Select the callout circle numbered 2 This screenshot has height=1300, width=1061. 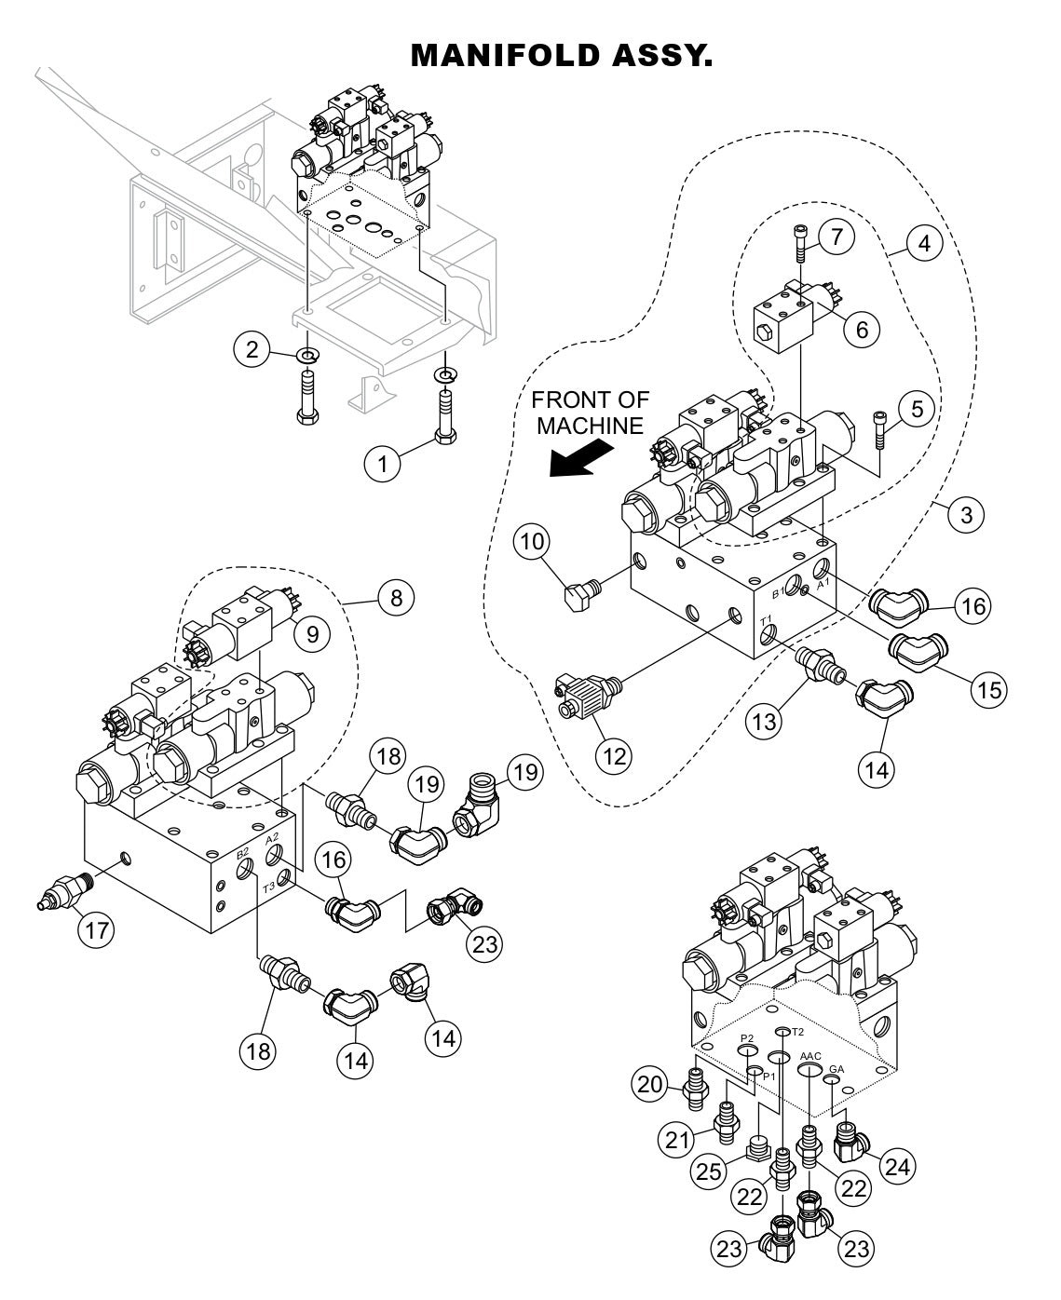coord(252,349)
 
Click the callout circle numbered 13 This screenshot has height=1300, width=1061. coord(763,721)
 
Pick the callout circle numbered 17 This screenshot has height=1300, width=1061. coord(96,928)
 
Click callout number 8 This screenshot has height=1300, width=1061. coord(396,596)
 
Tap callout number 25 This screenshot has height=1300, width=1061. coord(708,1171)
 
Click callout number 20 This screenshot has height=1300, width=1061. coord(652,1082)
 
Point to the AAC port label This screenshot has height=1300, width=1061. coord(809,1056)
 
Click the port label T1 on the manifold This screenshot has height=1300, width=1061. coord(766,618)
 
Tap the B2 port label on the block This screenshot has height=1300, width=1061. coord(241,852)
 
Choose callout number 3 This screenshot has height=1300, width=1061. coord(966,514)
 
